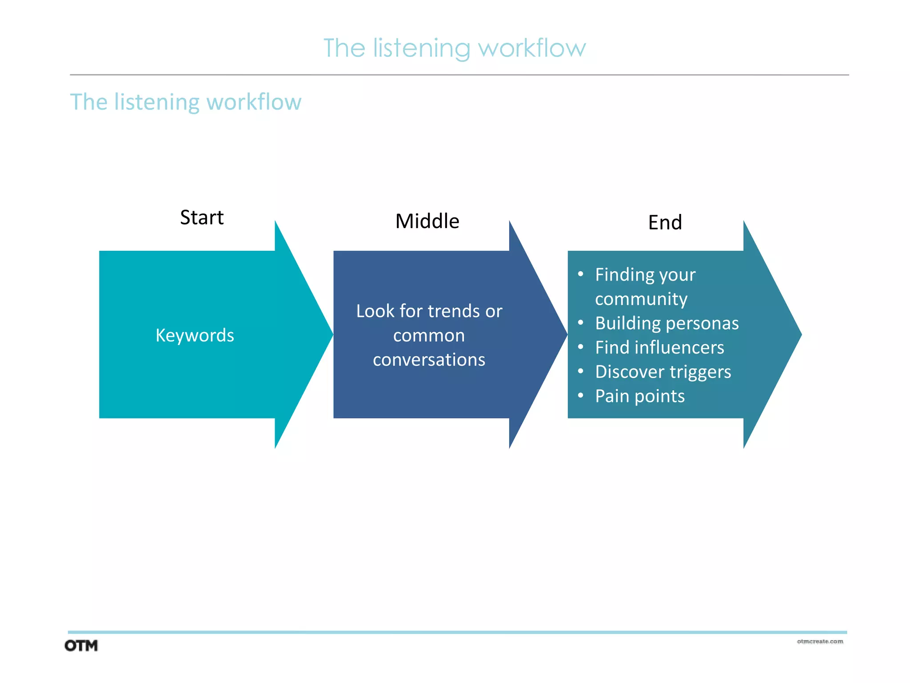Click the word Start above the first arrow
point(202,217)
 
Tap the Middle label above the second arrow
point(427,221)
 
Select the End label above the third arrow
point(665,222)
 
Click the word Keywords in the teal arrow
point(195,335)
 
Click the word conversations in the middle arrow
point(429,359)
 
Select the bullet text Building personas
point(667,323)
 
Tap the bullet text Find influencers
point(659,347)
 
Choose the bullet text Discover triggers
point(663,372)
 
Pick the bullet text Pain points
point(640,396)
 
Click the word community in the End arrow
point(641,299)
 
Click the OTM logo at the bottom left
point(81,646)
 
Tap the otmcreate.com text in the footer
point(820,641)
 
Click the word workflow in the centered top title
point(532,48)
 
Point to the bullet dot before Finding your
point(580,274)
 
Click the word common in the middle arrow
point(429,335)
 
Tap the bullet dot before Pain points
point(580,395)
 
